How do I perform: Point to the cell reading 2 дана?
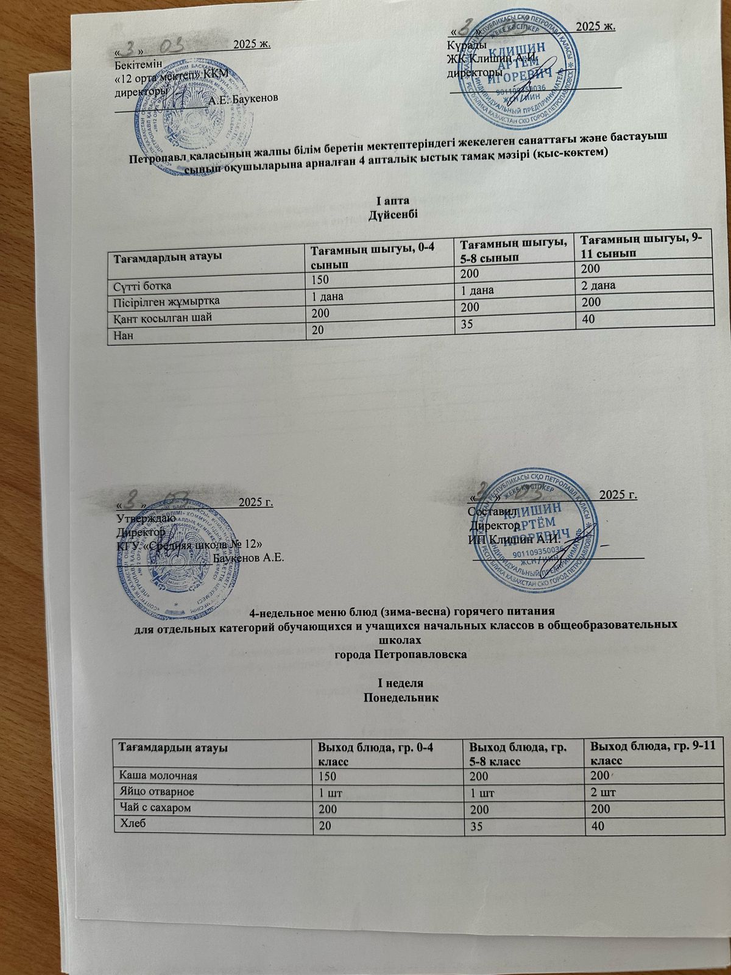tap(599, 286)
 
